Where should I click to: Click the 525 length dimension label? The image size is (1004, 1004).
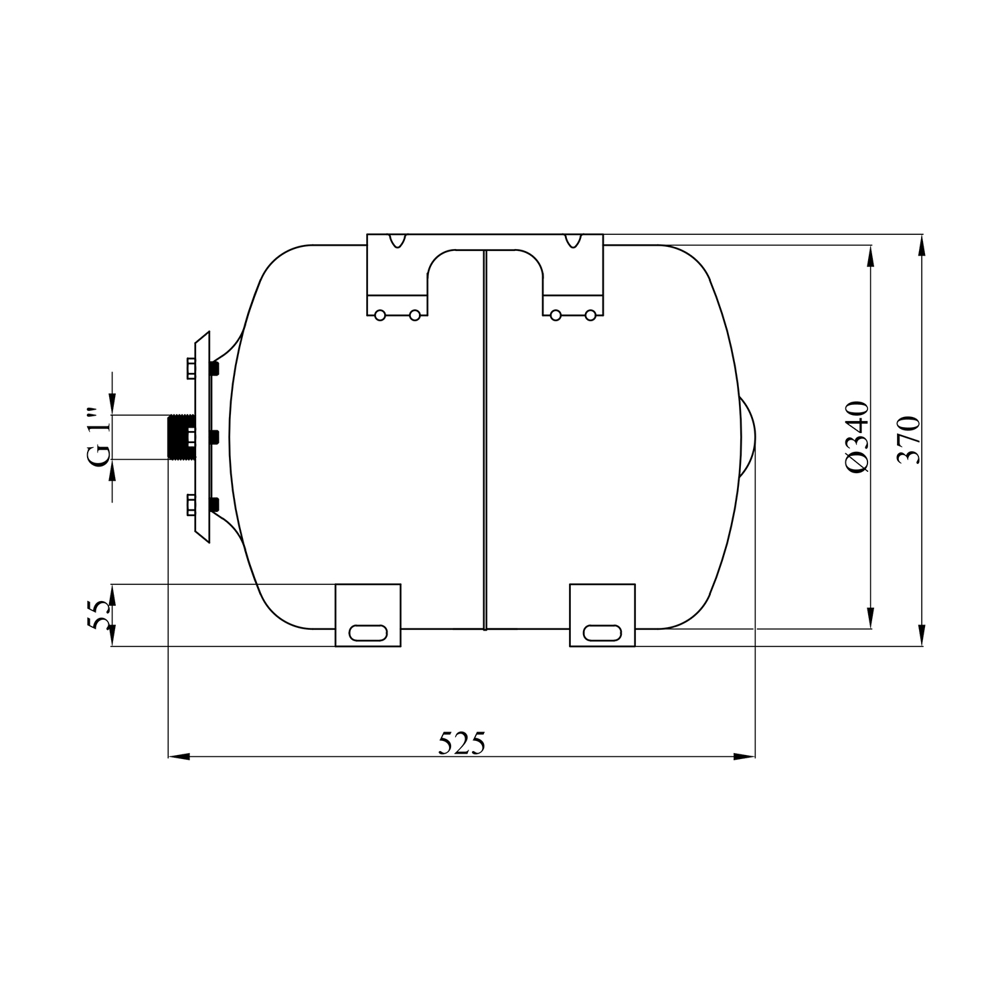(x=461, y=742)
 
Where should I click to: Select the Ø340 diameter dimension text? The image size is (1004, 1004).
(x=857, y=438)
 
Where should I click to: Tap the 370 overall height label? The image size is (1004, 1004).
(x=908, y=440)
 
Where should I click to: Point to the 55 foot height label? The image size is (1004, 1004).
(x=98, y=614)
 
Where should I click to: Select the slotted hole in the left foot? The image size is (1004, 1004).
(x=367, y=633)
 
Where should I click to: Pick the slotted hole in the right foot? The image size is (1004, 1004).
(x=602, y=633)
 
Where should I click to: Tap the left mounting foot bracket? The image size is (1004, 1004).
(x=367, y=615)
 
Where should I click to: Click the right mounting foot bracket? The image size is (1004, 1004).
(x=602, y=615)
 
